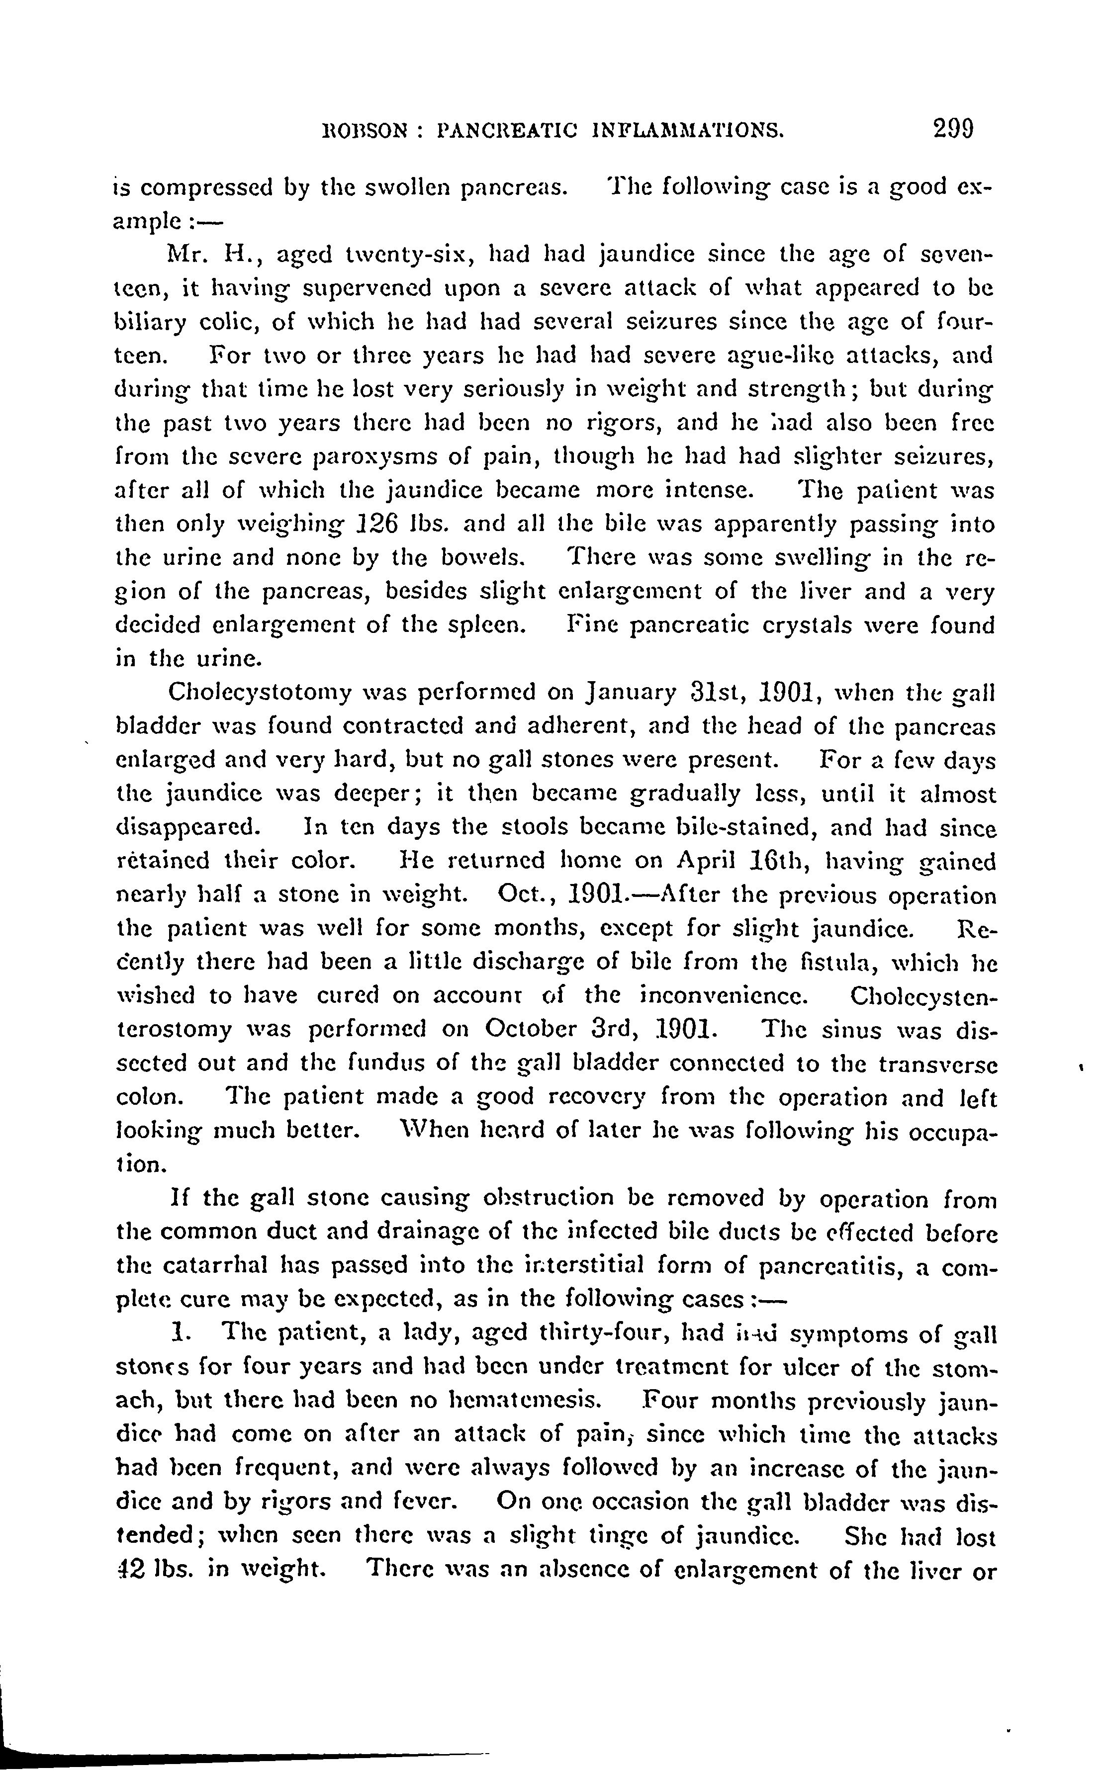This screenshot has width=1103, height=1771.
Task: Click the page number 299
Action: (942, 129)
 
